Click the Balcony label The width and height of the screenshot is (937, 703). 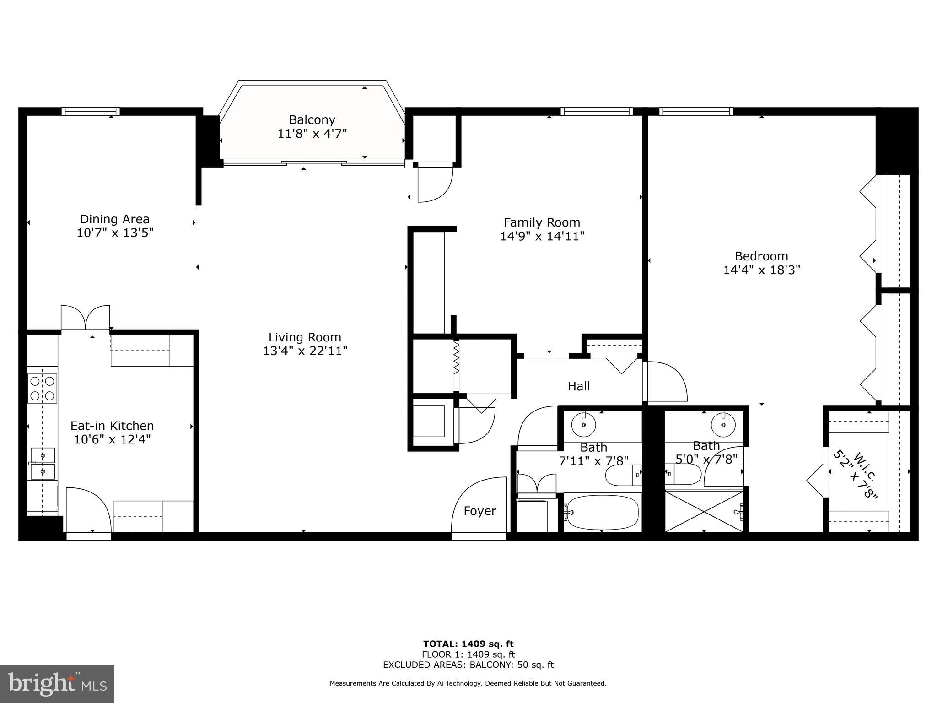click(x=312, y=120)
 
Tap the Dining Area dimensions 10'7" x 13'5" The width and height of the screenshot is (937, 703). click(x=114, y=233)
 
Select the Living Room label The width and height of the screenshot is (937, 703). click(x=305, y=337)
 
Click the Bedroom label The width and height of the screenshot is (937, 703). click(x=761, y=256)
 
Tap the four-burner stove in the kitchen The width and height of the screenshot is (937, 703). click(x=42, y=388)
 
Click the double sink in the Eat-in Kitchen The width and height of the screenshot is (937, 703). click(x=43, y=463)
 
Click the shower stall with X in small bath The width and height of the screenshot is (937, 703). click(x=704, y=511)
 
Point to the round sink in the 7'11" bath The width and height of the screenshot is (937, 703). click(x=584, y=424)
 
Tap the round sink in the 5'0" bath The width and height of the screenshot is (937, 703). click(x=723, y=424)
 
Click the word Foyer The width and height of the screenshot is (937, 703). click(x=479, y=511)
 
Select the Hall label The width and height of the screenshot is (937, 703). click(x=579, y=386)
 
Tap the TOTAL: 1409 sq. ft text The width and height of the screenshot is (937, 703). click(x=468, y=644)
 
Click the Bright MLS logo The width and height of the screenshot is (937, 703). click(x=57, y=684)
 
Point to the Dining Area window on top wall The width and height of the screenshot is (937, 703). click(x=91, y=111)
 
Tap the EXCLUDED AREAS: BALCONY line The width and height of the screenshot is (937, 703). click(x=468, y=665)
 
